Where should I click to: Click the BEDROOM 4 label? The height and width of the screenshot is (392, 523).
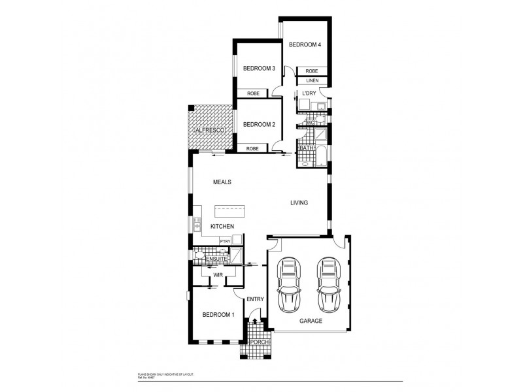305,44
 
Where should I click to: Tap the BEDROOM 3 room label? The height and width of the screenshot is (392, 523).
260,68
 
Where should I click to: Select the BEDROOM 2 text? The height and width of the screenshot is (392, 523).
260,124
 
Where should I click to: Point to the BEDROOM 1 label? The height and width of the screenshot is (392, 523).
218,315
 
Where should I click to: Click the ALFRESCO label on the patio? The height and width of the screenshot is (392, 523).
211,131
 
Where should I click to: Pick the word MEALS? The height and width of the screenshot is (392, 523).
223,182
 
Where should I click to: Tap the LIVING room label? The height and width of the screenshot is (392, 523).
299,203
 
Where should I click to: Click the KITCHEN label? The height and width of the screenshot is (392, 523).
222,226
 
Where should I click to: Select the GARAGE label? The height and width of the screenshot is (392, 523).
311,321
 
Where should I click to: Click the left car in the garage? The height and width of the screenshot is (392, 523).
289,285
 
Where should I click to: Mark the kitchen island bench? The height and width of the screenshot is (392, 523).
229,211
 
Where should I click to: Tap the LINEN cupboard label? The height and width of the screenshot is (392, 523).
312,80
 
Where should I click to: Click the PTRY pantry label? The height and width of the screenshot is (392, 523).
224,242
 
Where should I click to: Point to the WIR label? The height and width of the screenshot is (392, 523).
218,276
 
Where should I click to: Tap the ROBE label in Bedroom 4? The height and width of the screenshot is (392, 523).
312,71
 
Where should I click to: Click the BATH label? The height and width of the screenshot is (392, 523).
306,149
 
